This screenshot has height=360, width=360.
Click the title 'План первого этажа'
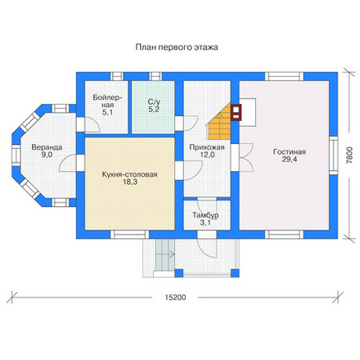click(x=177, y=47)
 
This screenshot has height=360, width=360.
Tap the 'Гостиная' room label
click(x=290, y=151)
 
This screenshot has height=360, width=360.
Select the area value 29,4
click(x=290, y=160)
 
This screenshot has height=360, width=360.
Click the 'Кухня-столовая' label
click(x=129, y=174)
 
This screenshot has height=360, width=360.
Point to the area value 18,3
click(x=130, y=182)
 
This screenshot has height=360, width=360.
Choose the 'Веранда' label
click(x=47, y=147)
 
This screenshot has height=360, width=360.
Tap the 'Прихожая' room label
click(x=207, y=147)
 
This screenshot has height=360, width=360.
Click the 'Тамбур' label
click(x=205, y=215)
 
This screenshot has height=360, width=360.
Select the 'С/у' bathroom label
click(x=154, y=102)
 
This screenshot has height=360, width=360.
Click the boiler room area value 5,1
click(x=107, y=112)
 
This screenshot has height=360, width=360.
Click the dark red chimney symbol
click(x=236, y=112)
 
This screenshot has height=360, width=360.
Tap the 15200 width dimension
click(x=175, y=297)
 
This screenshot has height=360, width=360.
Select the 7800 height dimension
click(x=349, y=155)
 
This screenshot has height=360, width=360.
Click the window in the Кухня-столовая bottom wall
click(x=130, y=235)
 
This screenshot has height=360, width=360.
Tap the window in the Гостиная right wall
click(x=334, y=155)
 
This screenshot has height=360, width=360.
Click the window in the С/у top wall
click(x=155, y=76)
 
